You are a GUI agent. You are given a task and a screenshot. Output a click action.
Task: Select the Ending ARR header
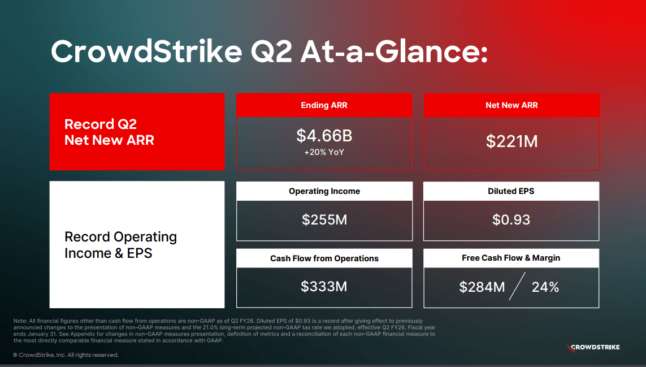pos(324,105)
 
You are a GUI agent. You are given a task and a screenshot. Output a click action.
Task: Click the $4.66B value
pos(324,136)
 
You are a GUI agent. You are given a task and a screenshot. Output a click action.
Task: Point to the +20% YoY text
pos(324,152)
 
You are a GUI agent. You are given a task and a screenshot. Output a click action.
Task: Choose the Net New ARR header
pos(511,105)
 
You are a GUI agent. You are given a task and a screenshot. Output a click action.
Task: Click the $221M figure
pos(511,141)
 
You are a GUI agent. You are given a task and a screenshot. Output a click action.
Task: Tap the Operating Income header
pos(324,191)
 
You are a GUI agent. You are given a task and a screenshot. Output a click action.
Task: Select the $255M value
pos(324,220)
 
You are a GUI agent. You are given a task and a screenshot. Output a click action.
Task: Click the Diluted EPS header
pos(511,191)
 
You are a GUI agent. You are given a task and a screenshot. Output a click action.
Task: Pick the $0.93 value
pos(511,220)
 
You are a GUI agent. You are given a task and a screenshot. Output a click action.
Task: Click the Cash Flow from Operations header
pos(324,258)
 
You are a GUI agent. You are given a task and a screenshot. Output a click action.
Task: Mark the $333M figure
pos(324,287)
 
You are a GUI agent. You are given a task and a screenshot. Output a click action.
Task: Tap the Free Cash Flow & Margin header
pos(511,258)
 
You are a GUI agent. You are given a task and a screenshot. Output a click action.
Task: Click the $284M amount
pos(482,287)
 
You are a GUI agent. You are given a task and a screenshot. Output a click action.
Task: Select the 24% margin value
pos(545,287)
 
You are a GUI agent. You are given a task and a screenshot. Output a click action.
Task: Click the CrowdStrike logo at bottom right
pos(593,347)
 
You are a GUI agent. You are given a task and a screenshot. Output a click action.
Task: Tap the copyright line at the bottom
pos(66,355)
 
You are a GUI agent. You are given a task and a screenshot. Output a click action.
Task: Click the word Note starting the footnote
pos(20,321)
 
